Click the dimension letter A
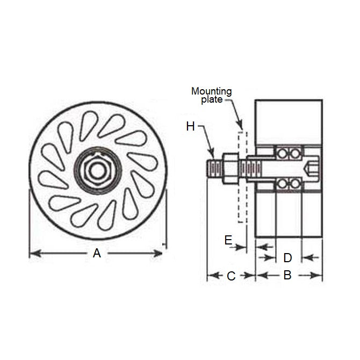tap(97, 253)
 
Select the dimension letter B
tap(287, 276)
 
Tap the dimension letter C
tap(231, 276)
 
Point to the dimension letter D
tap(287, 257)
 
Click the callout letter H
tap(190, 127)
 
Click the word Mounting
tap(211, 91)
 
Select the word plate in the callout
tap(212, 99)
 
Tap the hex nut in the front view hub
tap(97, 169)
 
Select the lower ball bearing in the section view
tap(288, 184)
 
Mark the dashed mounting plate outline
tap(242, 172)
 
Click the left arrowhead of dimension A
tap(32, 253)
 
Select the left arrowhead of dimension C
tap(211, 276)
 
